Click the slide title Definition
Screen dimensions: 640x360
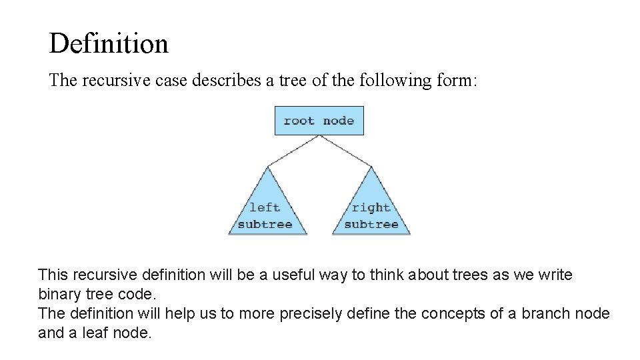(109, 44)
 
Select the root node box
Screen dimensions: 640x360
(319, 121)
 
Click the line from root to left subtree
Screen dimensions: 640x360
(293, 150)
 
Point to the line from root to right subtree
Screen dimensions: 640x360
(345, 150)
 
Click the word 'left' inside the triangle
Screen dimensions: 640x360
(265, 207)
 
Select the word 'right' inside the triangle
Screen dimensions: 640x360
(371, 207)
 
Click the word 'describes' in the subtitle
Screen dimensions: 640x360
(228, 81)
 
